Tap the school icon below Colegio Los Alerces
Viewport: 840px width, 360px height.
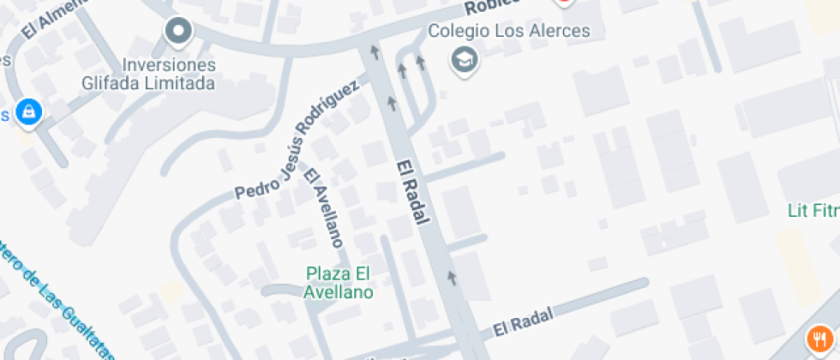click(465, 60)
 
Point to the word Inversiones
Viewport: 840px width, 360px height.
click(169, 65)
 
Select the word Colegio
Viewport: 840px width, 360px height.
click(459, 31)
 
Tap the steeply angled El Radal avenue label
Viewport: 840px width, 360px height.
click(412, 192)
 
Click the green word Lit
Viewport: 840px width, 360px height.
click(798, 210)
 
